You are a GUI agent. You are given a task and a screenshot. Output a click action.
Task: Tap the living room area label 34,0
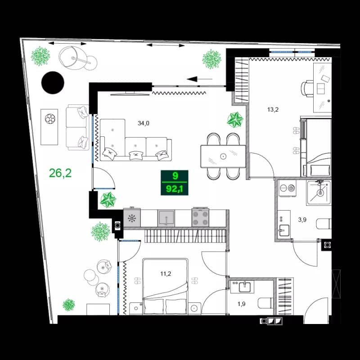point(144,122)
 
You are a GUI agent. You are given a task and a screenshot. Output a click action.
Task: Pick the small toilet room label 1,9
point(242,304)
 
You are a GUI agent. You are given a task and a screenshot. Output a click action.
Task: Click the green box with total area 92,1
point(175,182)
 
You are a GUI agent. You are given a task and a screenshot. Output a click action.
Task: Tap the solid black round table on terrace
point(53,82)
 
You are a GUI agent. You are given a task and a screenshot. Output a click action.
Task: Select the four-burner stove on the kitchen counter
point(201,218)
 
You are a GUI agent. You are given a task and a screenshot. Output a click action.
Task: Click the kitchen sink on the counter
point(166,218)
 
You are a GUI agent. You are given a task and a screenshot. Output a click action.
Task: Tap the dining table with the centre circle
point(223,156)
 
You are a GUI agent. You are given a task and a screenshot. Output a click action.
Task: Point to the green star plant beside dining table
point(234,120)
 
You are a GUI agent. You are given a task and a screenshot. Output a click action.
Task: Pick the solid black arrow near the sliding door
point(193,80)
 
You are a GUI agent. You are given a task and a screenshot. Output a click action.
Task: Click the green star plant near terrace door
point(108,199)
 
